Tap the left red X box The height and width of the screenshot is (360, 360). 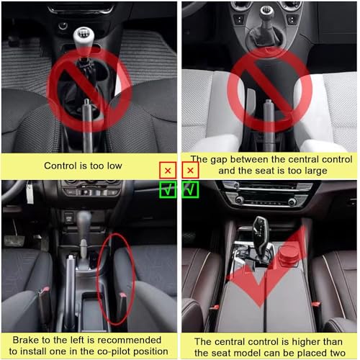168,171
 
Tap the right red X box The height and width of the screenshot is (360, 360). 190,170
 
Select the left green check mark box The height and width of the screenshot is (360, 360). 168,189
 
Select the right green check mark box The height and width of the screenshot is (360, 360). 190,189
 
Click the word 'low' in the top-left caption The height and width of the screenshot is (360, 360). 114,166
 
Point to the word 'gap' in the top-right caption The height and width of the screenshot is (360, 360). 219,161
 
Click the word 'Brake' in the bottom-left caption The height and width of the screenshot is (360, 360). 26,340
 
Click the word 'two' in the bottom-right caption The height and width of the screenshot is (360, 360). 338,353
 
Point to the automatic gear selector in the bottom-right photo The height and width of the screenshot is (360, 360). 261,236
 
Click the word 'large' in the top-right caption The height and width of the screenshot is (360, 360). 316,171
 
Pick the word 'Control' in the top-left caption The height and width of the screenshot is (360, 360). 60,166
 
